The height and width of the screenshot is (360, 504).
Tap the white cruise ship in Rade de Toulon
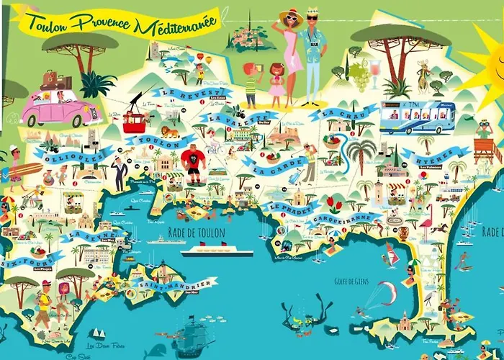click(217, 253)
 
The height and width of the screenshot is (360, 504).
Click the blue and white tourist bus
click(417, 118)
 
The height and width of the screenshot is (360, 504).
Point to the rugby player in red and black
click(194, 161)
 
